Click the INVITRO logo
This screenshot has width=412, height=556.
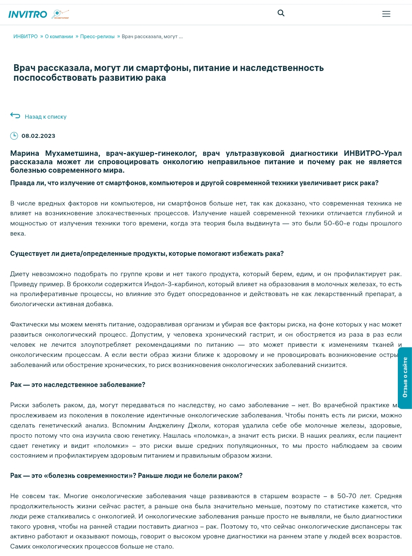28,14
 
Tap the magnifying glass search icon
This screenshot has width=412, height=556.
281,13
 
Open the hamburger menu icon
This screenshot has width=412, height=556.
386,14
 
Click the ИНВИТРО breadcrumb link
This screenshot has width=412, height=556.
26,37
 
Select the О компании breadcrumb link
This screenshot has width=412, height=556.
59,37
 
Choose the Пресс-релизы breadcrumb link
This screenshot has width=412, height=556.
97,37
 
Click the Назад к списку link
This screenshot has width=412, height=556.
46,117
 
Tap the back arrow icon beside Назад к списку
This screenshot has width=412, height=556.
15,116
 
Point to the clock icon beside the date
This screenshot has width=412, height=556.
14,136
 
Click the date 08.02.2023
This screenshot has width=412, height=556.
38,136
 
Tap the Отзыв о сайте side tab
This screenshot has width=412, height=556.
405,378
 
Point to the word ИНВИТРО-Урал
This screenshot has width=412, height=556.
372,153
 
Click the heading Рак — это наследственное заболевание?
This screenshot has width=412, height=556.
78,385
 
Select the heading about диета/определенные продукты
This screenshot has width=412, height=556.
147,253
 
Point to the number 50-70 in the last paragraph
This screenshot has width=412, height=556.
346,496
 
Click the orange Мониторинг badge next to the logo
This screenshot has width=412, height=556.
60,14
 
